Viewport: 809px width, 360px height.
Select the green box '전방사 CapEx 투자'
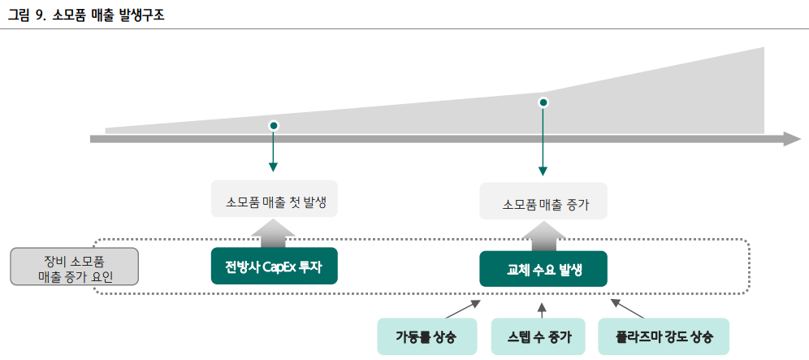(274, 266)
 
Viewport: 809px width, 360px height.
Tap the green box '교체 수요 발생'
(543, 269)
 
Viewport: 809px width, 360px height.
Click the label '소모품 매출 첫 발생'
(274, 199)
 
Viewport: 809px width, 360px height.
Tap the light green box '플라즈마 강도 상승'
(662, 336)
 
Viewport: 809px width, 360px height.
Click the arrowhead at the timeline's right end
(791, 139)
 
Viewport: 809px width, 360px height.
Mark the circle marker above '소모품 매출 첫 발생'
(274, 126)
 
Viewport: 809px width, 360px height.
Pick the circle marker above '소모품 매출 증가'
(543, 102)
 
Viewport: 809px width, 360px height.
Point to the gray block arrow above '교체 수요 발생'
(542, 236)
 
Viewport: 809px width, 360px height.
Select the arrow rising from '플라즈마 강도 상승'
(626, 308)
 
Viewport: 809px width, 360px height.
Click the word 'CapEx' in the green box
(279, 266)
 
